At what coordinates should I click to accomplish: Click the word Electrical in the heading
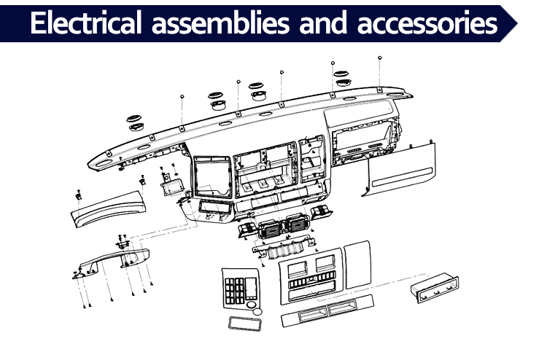click(86, 23)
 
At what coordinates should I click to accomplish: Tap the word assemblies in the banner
click(220, 23)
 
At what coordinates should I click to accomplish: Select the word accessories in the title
click(427, 24)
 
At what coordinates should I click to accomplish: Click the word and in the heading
click(323, 23)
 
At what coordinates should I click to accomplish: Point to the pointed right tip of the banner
click(517, 24)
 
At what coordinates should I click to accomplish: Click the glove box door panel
click(400, 168)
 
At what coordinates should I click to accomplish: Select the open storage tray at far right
click(435, 288)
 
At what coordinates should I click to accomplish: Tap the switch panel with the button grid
click(241, 289)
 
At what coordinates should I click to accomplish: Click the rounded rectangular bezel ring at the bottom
click(245, 324)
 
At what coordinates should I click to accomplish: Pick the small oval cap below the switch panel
click(257, 311)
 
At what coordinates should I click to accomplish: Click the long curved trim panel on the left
click(108, 208)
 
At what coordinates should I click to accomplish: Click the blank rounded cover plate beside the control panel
click(357, 264)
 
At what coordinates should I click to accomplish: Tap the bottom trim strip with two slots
click(327, 310)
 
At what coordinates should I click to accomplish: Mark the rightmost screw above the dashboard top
click(380, 58)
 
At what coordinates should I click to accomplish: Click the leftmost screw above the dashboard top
click(182, 96)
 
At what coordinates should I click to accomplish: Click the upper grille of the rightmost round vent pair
click(341, 74)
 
